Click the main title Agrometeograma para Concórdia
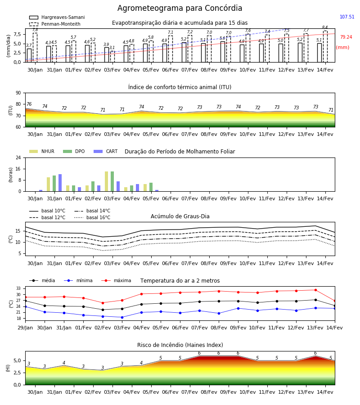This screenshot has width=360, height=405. (x=180, y=8)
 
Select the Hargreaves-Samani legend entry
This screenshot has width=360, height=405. (x=57, y=17)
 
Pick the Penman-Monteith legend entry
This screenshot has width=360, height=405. (x=55, y=24)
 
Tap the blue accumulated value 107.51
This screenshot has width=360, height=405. (x=347, y=17)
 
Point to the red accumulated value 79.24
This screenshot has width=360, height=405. (x=346, y=37)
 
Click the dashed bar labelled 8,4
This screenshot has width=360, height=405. (x=325, y=46)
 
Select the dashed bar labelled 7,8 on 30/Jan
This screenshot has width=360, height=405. (x=35, y=48)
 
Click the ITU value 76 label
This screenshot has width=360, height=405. (x=29, y=104)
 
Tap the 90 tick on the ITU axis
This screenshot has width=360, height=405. (x=18, y=93)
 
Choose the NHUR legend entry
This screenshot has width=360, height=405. (x=41, y=151)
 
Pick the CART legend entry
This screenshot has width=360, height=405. (x=106, y=151)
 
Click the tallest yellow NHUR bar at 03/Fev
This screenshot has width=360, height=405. (x=106, y=181)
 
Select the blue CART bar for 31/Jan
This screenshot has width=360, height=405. (x=60, y=183)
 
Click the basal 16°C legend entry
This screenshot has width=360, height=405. (x=92, y=217)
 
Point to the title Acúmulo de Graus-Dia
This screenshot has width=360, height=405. (x=180, y=216)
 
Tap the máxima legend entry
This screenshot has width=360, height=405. (x=116, y=280)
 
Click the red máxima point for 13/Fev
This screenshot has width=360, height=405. (x=315, y=290)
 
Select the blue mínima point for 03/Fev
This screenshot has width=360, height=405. (x=122, y=317)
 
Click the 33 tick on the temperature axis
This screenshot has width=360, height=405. (x=18, y=288)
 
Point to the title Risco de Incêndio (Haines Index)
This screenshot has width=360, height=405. (x=180, y=345)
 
